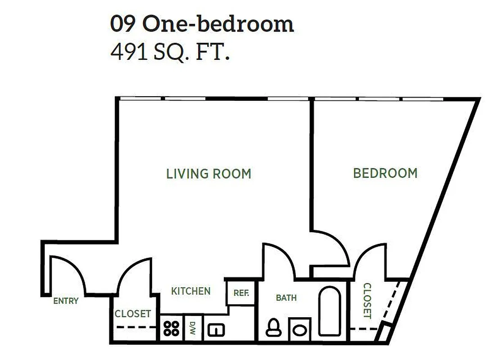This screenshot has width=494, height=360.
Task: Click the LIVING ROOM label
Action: click(x=208, y=174)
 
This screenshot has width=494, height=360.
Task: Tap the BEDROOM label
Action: click(x=385, y=173)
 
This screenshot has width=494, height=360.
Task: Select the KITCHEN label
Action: click(x=190, y=291)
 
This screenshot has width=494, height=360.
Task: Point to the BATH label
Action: click(x=286, y=297)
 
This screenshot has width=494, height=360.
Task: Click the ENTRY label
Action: click(x=66, y=301)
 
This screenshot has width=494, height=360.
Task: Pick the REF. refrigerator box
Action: click(x=241, y=292)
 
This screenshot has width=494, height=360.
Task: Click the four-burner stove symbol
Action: click(x=171, y=329)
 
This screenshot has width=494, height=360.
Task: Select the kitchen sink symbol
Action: click(x=216, y=330)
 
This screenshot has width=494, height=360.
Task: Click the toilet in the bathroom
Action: click(x=273, y=328)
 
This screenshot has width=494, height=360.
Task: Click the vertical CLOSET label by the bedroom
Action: click(x=367, y=301)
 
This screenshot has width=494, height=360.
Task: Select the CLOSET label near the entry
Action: click(x=132, y=314)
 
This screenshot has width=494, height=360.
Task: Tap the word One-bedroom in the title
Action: click(x=218, y=24)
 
